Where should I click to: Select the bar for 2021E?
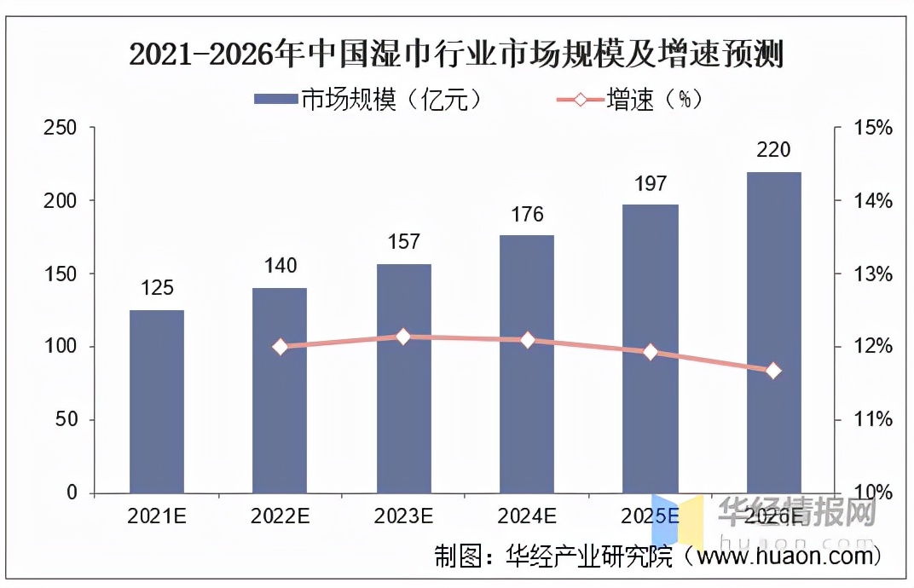157,401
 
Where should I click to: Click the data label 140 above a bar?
281,266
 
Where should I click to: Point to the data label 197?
651,183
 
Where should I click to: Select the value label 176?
527,214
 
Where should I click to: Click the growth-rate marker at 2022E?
281,347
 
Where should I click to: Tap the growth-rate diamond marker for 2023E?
403,337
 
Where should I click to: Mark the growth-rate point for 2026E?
773,371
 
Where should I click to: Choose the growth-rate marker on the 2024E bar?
527,340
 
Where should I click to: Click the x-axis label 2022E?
281,516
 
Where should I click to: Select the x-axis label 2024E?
527,516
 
